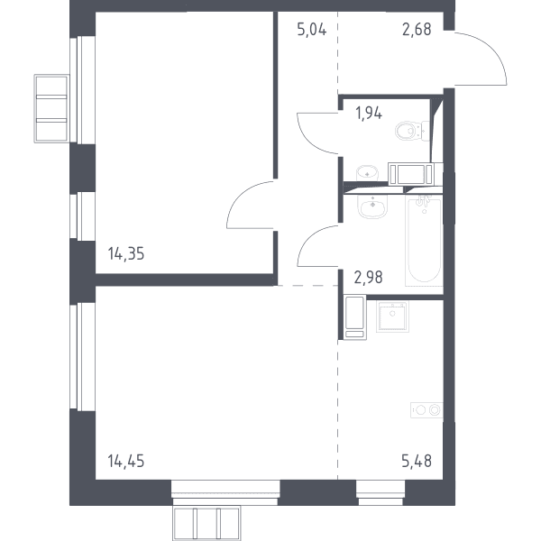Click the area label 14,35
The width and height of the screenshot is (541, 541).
[x=126, y=253]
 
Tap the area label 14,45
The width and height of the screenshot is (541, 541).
[x=126, y=461]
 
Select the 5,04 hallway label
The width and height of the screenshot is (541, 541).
[x=312, y=30]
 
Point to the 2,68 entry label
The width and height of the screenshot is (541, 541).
[x=417, y=30]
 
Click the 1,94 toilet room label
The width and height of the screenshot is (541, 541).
[x=369, y=113]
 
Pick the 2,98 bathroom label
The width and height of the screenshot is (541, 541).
[x=368, y=277]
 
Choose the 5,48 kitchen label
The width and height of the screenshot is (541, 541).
[x=417, y=461]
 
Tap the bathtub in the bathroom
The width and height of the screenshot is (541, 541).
[x=424, y=241]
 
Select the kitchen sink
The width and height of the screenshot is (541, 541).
[x=392, y=316]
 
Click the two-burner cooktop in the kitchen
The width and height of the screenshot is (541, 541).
[x=426, y=410]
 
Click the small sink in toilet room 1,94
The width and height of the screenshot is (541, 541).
[x=367, y=172]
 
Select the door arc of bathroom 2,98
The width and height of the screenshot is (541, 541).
[x=308, y=238]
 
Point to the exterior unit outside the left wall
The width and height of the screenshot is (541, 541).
[x=51, y=108]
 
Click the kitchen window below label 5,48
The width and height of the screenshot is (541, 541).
[x=381, y=492]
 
